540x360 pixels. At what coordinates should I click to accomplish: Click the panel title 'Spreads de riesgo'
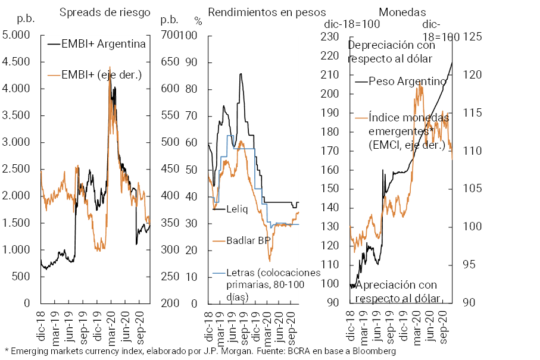[105, 12]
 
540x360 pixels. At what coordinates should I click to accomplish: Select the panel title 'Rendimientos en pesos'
[267, 12]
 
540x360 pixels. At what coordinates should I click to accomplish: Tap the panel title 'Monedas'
[402, 12]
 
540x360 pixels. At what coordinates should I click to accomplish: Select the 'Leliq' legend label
[238, 209]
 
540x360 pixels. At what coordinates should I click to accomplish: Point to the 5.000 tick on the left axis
[16, 35]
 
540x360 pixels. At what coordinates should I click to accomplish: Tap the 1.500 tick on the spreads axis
[16, 223]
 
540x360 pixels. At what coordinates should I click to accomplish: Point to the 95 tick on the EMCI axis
[470, 265]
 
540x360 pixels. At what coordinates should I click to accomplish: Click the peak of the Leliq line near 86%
[241, 74]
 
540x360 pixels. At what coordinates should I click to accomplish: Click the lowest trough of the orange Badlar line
[270, 261]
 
